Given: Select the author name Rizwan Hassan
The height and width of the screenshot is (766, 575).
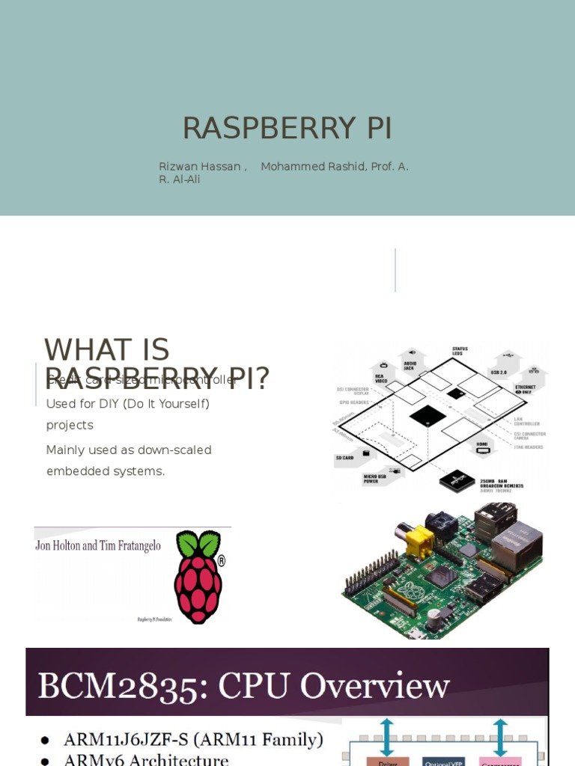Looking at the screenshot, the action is pyautogui.click(x=199, y=166).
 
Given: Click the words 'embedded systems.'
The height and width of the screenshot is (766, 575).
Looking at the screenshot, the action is pyautogui.click(x=105, y=471).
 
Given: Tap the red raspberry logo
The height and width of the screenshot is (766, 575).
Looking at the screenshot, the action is pyautogui.click(x=198, y=576).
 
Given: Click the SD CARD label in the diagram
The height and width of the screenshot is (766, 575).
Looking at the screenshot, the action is pyautogui.click(x=344, y=457).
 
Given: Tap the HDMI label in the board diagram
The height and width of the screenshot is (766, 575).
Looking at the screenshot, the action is pyautogui.click(x=484, y=443).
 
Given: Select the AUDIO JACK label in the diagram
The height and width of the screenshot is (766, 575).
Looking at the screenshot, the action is pyautogui.click(x=408, y=364).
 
